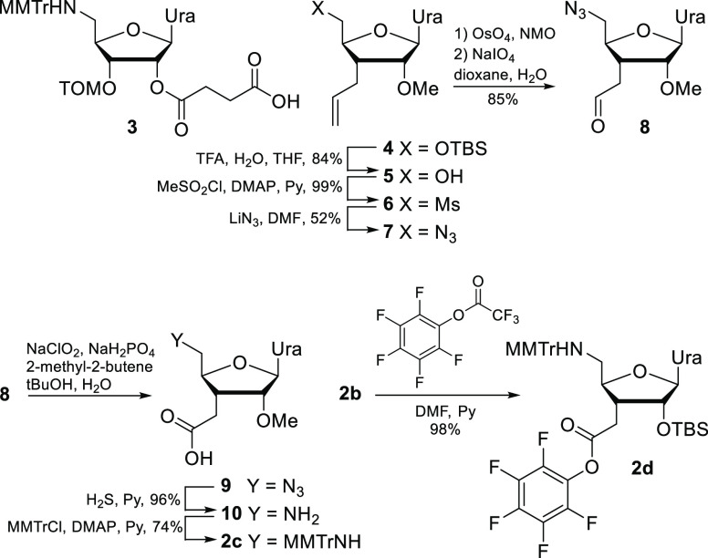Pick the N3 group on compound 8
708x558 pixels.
pyautogui.click(x=552, y=15)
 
